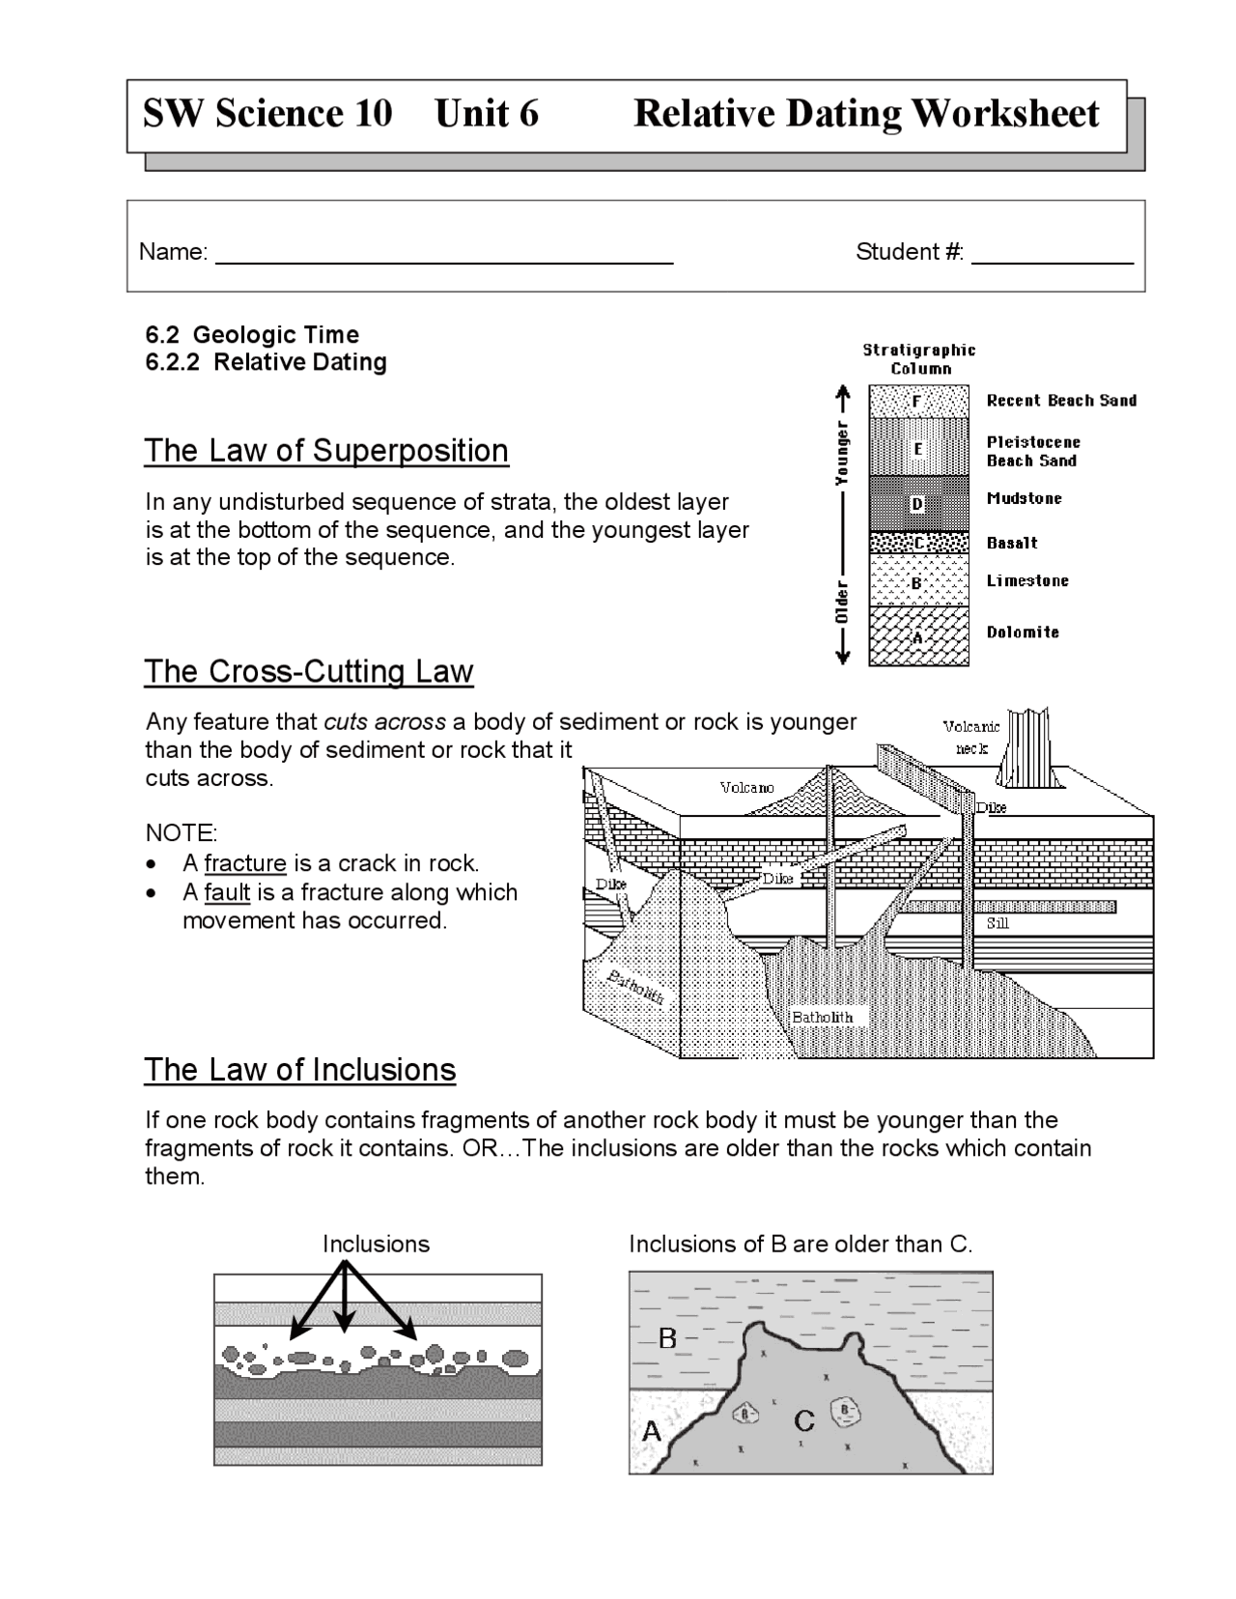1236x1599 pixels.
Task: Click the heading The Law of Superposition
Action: [326, 451]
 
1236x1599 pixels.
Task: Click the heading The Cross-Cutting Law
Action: [308, 671]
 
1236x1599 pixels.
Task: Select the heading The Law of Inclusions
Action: [299, 1070]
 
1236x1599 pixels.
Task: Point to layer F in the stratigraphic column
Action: [917, 400]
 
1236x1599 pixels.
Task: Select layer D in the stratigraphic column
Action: [917, 503]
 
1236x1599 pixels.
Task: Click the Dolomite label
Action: [1023, 632]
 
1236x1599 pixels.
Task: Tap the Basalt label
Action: [1012, 544]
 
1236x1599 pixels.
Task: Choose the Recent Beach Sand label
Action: [1061, 401]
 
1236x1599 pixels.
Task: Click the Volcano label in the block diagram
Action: [746, 788]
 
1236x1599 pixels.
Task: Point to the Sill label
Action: [997, 923]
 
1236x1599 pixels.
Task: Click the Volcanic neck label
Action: [971, 738]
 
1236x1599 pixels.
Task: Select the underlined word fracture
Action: [245, 863]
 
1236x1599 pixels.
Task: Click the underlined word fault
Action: [227, 892]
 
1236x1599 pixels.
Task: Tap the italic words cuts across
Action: [384, 722]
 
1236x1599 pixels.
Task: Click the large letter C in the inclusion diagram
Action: [803, 1421]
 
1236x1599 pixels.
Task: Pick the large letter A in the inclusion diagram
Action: [652, 1432]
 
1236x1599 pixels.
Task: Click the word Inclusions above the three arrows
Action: [376, 1244]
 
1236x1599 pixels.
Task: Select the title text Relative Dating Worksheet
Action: [865, 114]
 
